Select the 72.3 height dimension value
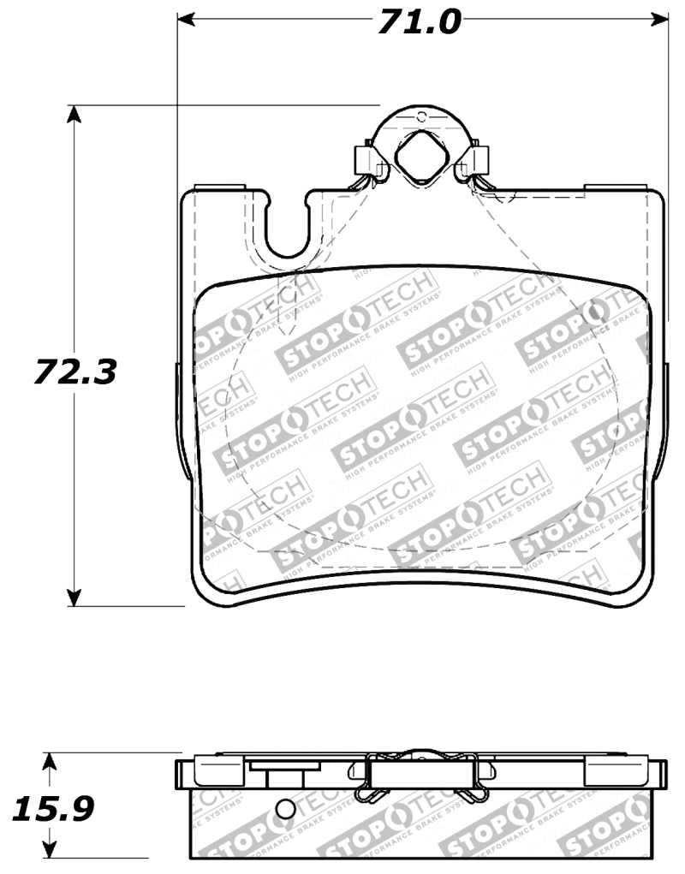[75, 372]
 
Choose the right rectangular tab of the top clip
[478, 158]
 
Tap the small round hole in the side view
[287, 810]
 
